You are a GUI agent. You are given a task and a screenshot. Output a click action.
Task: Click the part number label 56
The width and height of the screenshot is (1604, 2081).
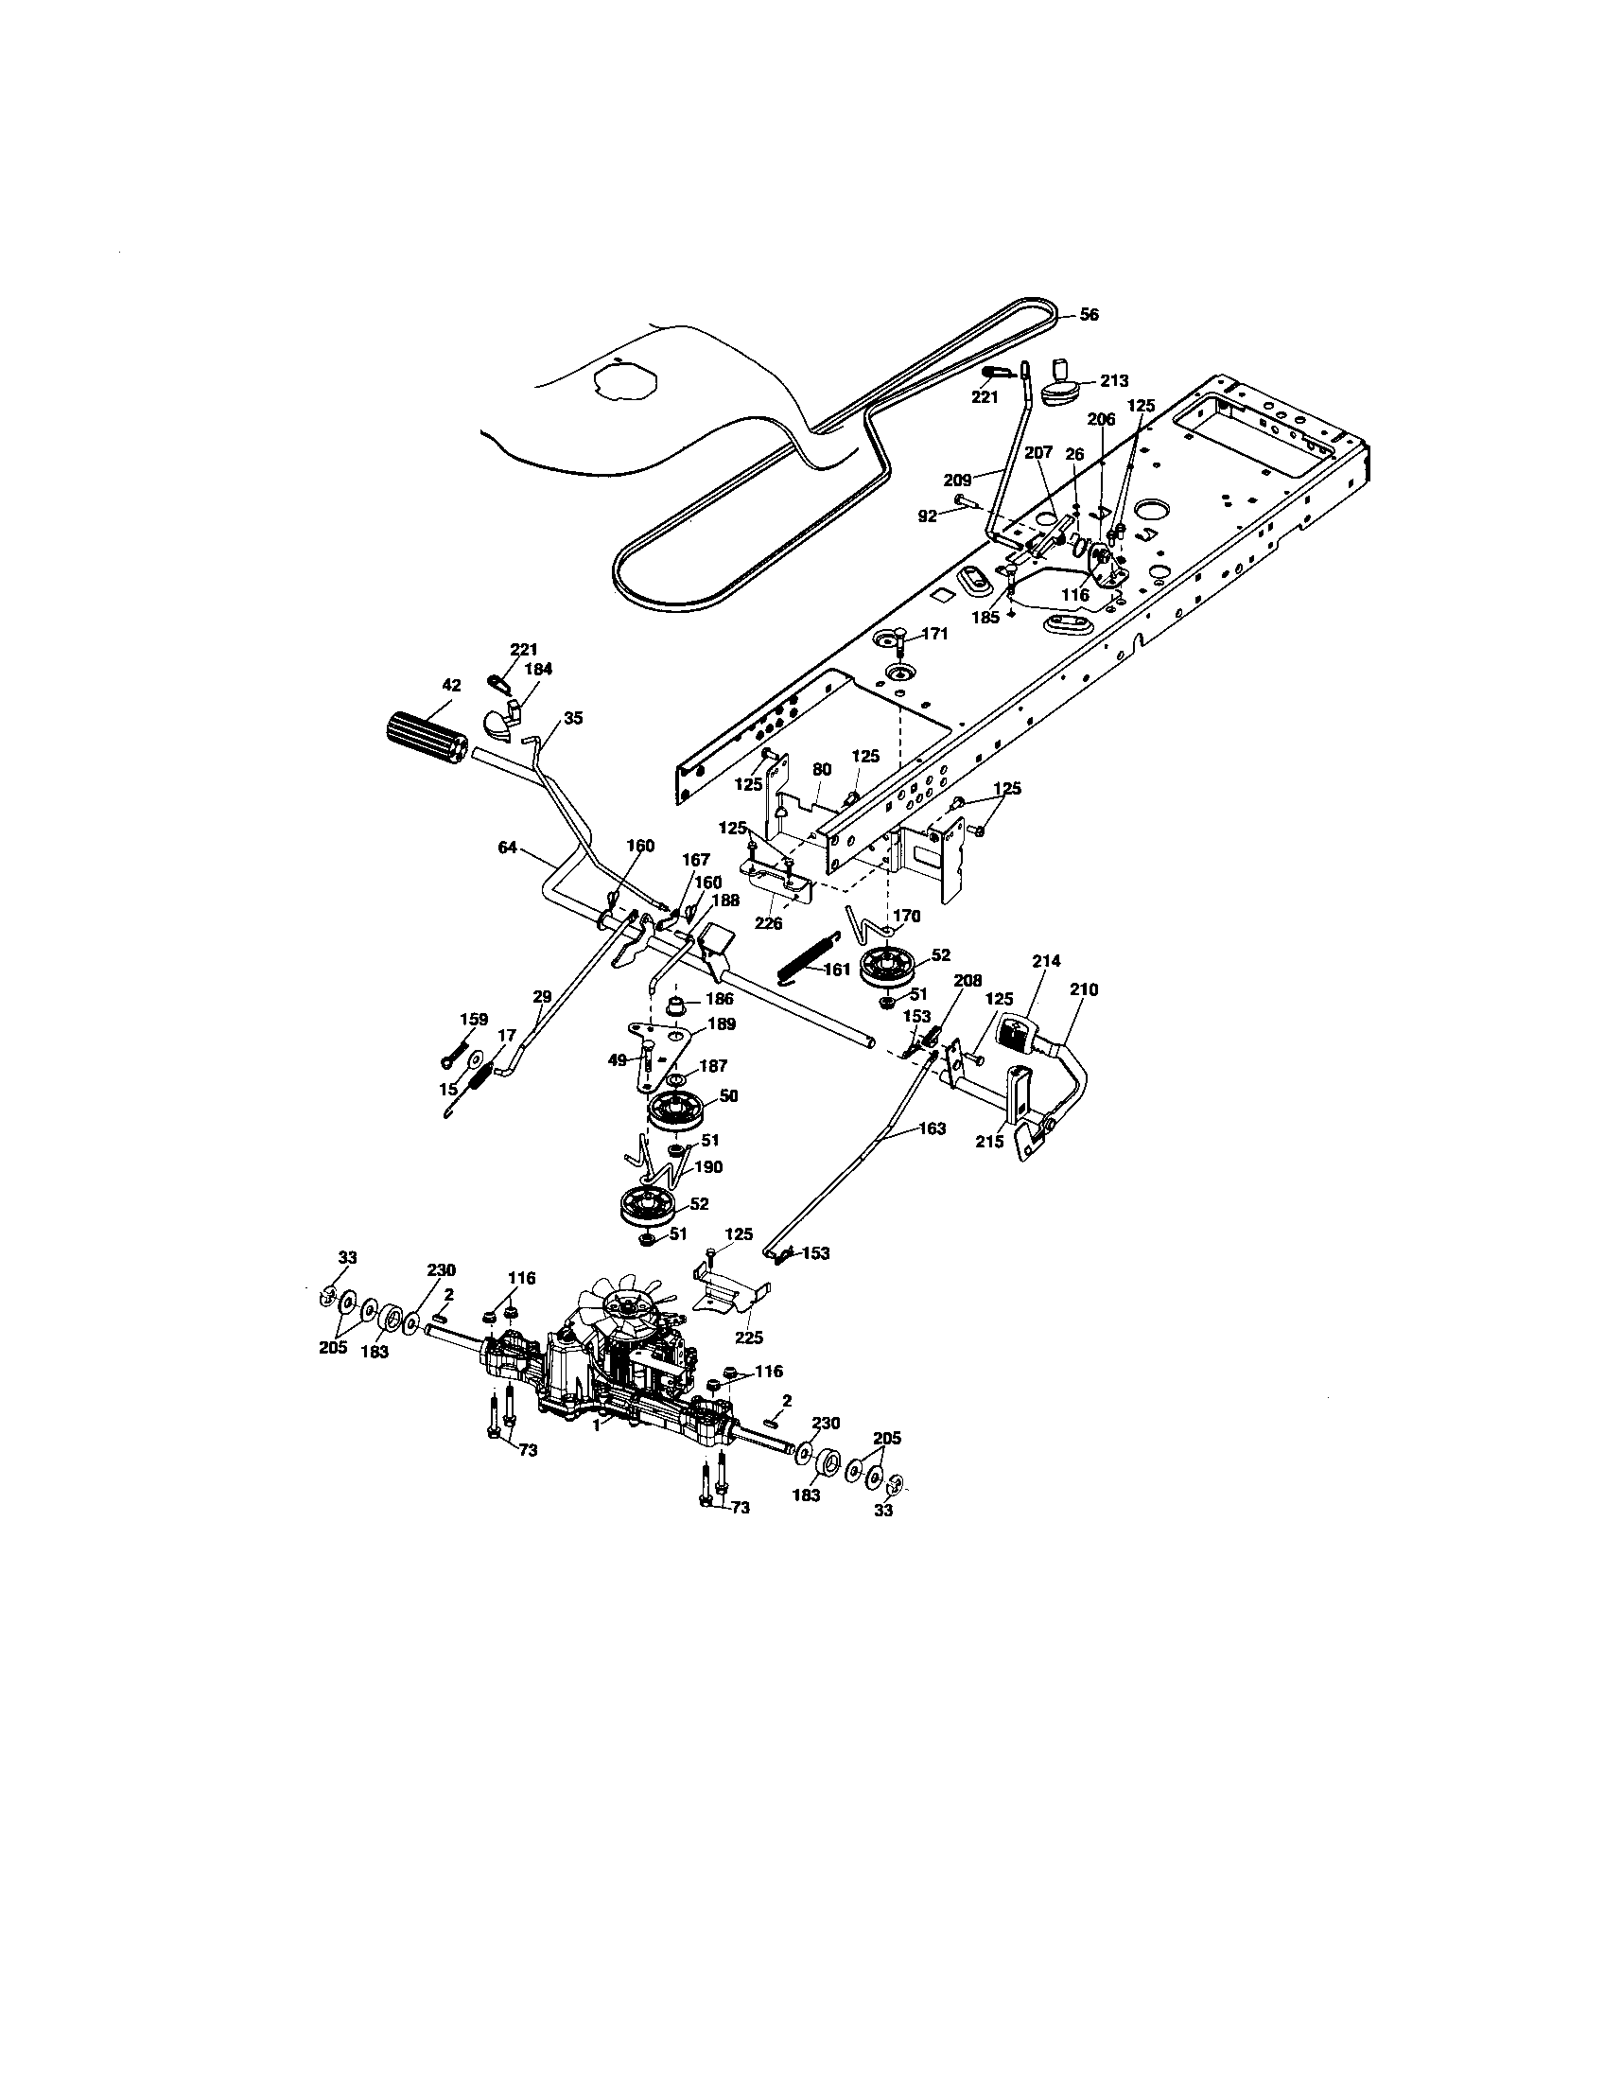[x=1090, y=315]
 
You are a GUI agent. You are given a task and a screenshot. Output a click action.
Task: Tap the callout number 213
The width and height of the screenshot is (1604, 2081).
[x=1113, y=380]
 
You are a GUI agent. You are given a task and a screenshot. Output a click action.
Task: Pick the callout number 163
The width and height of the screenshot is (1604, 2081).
[x=932, y=1128]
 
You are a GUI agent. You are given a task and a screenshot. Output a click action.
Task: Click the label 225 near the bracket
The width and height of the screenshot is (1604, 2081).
[x=750, y=1338]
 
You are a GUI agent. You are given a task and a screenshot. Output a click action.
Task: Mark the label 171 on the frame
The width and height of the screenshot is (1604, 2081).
[x=935, y=634]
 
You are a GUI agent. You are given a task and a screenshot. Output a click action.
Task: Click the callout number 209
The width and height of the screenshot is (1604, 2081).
[x=957, y=481]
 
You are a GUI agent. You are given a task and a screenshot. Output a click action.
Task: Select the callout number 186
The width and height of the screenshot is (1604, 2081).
[x=720, y=1001]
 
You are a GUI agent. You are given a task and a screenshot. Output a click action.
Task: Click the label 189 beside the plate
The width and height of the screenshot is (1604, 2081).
[x=723, y=1024]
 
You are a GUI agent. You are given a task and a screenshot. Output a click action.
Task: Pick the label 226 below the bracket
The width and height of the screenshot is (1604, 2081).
[x=769, y=923]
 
